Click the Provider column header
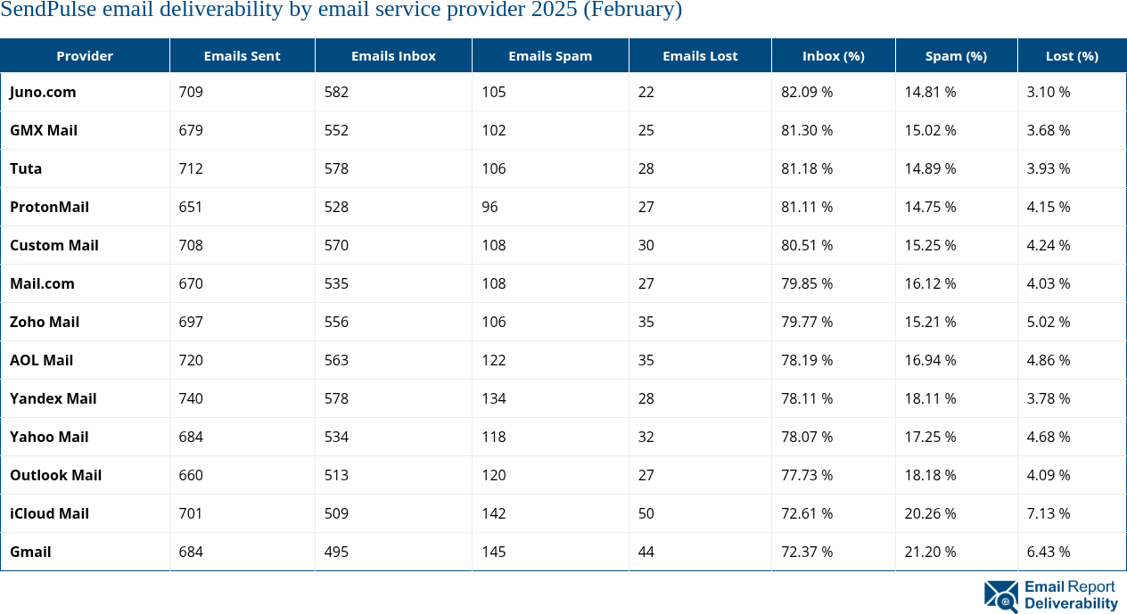[x=85, y=55]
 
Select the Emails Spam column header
[x=550, y=55]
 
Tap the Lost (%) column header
[x=1072, y=55]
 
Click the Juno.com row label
[x=43, y=92]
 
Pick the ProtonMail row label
[x=49, y=207]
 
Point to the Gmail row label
[x=30, y=552]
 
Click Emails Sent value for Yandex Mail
[x=191, y=398]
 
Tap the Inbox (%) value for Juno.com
[x=807, y=92]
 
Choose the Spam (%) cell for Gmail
[x=930, y=552]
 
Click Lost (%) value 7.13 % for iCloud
[x=1049, y=513]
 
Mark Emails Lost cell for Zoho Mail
[x=646, y=322]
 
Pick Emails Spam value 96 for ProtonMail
[x=489, y=207]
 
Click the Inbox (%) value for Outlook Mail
[x=807, y=475]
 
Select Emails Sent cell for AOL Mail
[x=191, y=360]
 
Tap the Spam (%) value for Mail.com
[x=930, y=283]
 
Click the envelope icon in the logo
[x=1001, y=596]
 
